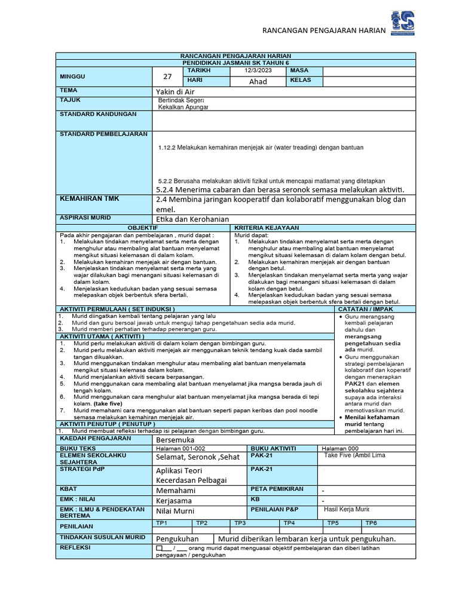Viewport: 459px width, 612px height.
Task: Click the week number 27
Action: [167, 76]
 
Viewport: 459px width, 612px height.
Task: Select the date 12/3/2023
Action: [258, 71]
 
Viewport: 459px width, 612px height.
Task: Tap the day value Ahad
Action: [258, 81]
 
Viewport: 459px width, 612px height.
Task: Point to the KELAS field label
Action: [302, 81]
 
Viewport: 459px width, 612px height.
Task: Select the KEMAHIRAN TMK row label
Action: [85, 198]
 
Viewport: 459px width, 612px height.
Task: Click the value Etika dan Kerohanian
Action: [192, 219]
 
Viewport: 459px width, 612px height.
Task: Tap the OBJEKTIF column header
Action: [143, 228]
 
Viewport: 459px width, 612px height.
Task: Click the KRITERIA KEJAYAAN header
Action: [259, 228]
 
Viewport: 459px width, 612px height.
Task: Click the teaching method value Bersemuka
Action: [176, 439]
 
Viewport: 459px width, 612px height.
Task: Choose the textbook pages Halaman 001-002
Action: [180, 448]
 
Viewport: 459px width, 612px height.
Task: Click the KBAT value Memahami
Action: [175, 490]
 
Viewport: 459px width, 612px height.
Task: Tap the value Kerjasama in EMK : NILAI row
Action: [175, 500]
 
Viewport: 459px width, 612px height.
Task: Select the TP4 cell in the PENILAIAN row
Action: [289, 523]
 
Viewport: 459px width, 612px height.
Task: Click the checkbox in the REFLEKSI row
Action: [159, 547]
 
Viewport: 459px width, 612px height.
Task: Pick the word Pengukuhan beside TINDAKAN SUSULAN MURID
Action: [178, 538]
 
